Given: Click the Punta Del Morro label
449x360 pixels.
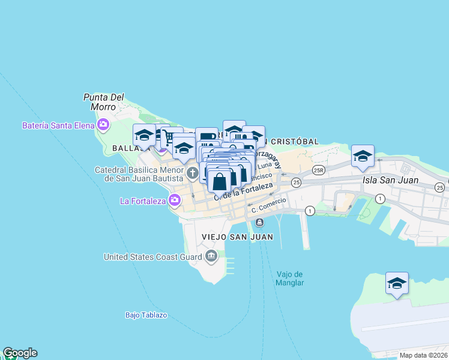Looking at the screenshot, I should tap(103, 101).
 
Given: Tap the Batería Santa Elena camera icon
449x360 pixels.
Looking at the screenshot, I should tap(104, 125).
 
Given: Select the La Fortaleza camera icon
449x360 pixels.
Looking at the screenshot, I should tap(175, 201).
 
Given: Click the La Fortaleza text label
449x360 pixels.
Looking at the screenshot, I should tap(142, 201).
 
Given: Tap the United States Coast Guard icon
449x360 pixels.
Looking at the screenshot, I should tap(211, 257).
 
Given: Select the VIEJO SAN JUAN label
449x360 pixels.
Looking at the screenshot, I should tap(238, 237).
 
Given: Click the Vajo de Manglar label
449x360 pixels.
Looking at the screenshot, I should tap(290, 278).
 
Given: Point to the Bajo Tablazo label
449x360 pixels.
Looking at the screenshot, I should tap(146, 314).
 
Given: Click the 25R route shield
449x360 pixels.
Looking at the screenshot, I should tap(319, 170).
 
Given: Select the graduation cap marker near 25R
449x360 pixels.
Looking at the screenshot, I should tap(363, 156).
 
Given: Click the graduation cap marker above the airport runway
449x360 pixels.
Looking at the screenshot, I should tap(397, 283).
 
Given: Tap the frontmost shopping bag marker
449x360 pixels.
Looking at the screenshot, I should tap(220, 181).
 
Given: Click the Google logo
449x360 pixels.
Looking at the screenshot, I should tap(20, 353).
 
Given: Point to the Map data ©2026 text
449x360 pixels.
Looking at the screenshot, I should tap(423, 355).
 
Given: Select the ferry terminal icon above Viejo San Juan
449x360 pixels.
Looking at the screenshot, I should tap(259, 223).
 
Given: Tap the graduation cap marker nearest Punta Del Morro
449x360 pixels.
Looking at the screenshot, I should tap(144, 136).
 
